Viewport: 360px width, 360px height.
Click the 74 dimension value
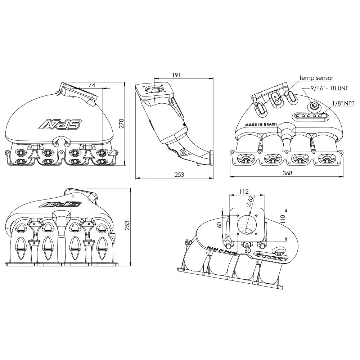coord(92,85)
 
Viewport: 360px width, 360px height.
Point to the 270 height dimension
coord(121,123)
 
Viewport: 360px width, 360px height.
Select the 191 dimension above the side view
coord(176,75)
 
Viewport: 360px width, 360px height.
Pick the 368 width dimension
coord(287,173)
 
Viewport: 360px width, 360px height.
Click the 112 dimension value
coord(244,192)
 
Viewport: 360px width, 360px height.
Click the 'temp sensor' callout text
coord(316,78)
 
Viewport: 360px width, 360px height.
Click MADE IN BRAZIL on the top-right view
coord(261,124)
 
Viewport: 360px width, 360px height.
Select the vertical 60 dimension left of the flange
coord(220,225)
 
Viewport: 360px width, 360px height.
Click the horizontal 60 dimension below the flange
coord(247,250)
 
